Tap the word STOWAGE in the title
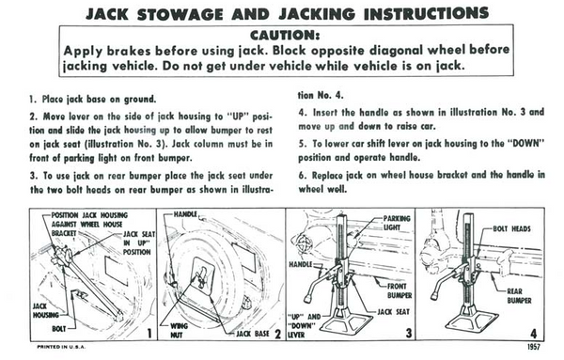tap(180, 14)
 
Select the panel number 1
tap(149, 334)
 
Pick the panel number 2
tap(277, 334)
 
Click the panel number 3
tap(409, 333)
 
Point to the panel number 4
tap(534, 334)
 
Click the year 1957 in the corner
tap(534, 347)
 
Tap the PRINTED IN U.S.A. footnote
tap(61, 347)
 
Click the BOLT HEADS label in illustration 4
tap(511, 228)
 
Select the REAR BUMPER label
tap(519, 296)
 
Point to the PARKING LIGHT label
tap(397, 223)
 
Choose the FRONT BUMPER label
tap(399, 291)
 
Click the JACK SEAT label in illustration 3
tap(393, 312)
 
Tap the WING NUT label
tap(179, 331)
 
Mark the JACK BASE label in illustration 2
tap(253, 334)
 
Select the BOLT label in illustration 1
tap(59, 329)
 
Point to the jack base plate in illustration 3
tap(346, 322)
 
